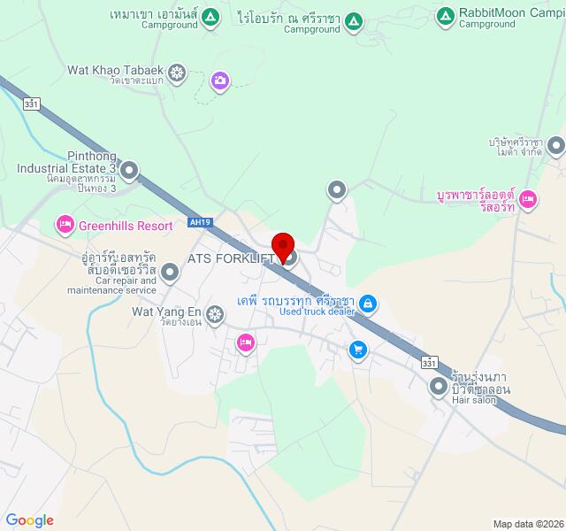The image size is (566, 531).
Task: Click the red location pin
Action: [283, 245]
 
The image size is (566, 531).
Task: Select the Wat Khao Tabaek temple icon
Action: [177, 72]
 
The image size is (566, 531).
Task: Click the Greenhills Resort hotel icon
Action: [65, 226]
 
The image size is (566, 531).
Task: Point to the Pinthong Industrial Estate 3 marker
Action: [129, 169]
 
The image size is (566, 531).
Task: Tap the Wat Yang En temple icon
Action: [215, 313]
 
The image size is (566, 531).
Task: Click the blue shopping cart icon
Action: [357, 350]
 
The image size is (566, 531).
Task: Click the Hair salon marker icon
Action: [439, 386]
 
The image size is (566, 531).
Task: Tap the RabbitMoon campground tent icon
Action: [446, 14]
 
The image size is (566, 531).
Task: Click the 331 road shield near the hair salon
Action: [429, 364]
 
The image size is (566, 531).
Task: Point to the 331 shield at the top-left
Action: [32, 104]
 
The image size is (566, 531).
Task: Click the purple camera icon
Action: [219, 81]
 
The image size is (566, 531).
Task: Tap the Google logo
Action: [29, 520]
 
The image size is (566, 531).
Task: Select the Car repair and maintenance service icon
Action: [170, 273]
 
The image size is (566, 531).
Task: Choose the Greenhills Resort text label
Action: [126, 226]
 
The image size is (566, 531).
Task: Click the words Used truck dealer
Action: [317, 312]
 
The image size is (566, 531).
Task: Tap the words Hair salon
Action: [473, 401]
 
